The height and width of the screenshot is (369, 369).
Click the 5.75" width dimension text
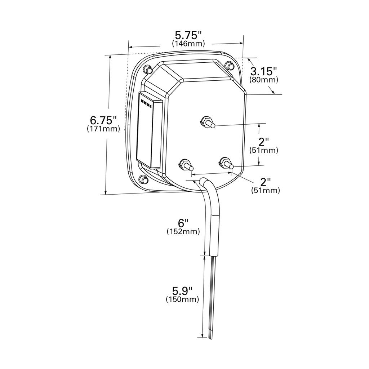pyautogui.click(x=188, y=35)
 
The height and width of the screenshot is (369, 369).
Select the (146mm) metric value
pyautogui.click(x=188, y=44)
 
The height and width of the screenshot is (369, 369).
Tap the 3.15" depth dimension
pyautogui.click(x=264, y=71)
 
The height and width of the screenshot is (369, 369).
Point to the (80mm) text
pyautogui.click(x=263, y=80)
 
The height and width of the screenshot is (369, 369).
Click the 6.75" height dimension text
pyautogui.click(x=103, y=120)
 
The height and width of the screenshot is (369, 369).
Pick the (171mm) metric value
pyautogui.click(x=103, y=129)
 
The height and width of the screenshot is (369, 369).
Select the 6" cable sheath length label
pyautogui.click(x=183, y=223)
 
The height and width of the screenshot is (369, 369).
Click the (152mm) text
pyautogui.click(x=183, y=232)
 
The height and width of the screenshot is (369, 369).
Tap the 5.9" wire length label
pyautogui.click(x=182, y=290)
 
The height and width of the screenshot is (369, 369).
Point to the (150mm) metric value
pyautogui.click(x=182, y=299)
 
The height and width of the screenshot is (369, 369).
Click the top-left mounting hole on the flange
pyautogui.click(x=147, y=69)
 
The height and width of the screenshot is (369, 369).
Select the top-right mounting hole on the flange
pyautogui.click(x=228, y=66)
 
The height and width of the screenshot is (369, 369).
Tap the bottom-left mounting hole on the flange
pyautogui.click(x=143, y=179)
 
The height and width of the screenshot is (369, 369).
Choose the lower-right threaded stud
pyautogui.click(x=226, y=163)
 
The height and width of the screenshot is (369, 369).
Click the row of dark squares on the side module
pyautogui.click(x=146, y=104)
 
